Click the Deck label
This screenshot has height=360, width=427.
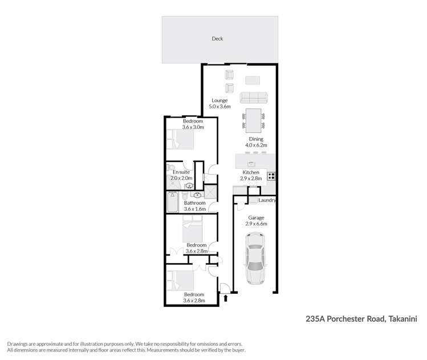217,39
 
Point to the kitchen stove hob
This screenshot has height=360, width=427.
272,176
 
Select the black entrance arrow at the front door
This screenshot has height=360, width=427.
226,297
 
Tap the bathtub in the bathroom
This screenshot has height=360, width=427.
172,201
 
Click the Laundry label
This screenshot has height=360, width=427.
267,200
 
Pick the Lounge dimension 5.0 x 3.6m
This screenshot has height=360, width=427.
219,107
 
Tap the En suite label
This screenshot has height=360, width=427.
181,172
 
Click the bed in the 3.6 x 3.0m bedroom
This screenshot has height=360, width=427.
180,139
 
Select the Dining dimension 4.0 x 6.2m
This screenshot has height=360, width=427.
255,145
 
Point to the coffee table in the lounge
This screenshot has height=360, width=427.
253,79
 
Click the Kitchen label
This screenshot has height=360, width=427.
251,172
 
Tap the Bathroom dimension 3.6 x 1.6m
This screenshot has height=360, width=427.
194,209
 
